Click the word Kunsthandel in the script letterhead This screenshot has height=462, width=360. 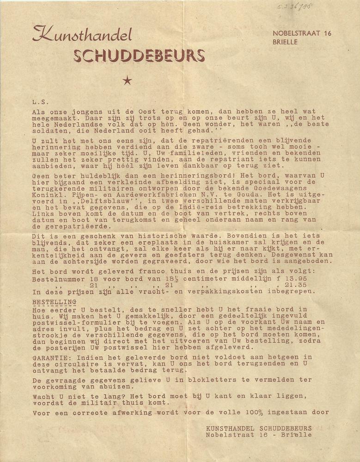82,35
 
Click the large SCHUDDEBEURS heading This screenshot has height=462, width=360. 139,56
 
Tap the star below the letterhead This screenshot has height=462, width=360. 128,81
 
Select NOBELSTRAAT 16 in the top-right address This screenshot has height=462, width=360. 302,33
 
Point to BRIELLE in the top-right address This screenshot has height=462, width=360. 285,42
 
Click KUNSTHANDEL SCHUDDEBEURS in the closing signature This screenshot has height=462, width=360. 259,428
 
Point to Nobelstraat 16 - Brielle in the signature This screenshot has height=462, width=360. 259,435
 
